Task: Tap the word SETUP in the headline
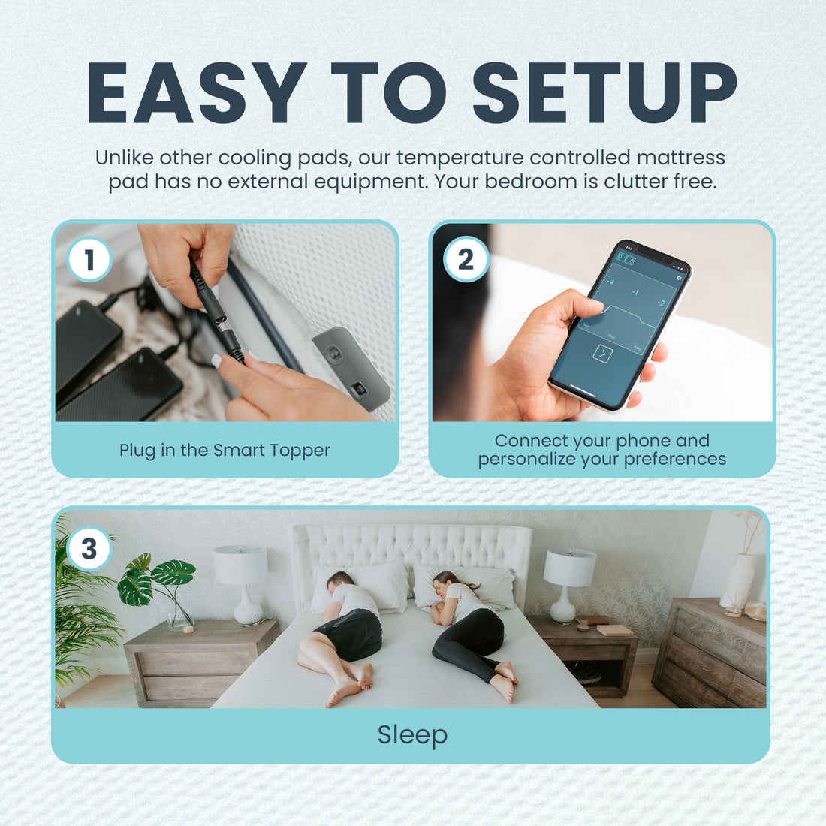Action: (604, 92)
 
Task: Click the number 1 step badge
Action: (89, 260)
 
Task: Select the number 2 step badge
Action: (466, 260)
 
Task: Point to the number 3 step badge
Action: (89, 549)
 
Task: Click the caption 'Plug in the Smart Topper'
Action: (225, 450)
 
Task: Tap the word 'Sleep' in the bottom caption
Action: (412, 734)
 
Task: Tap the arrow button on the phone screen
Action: (602, 353)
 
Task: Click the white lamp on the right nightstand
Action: (568, 583)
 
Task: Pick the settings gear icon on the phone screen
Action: (679, 277)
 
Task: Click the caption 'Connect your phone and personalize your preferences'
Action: (601, 450)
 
